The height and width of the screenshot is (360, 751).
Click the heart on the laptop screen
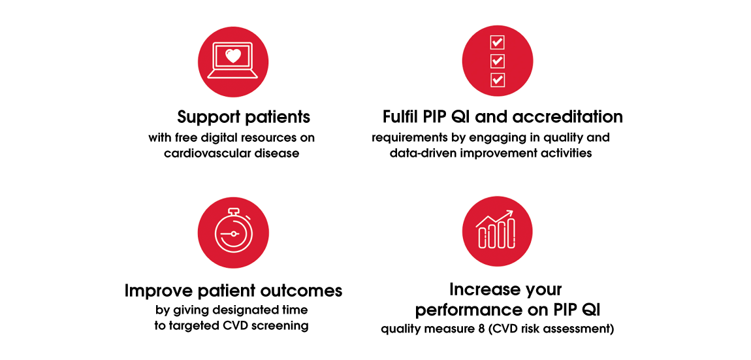pyautogui.click(x=234, y=56)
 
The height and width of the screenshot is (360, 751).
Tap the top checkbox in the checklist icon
pyautogui.click(x=497, y=42)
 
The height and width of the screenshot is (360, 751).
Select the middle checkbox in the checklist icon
pyautogui.click(x=497, y=61)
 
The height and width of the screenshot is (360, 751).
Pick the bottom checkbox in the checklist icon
pyautogui.click(x=497, y=80)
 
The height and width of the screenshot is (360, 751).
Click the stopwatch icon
pyautogui.click(x=234, y=233)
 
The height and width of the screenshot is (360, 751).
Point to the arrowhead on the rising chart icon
pyautogui.click(x=511, y=212)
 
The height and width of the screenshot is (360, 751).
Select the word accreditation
pyautogui.click(x=567, y=117)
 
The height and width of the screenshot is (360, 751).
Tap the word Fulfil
pyautogui.click(x=404, y=117)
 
